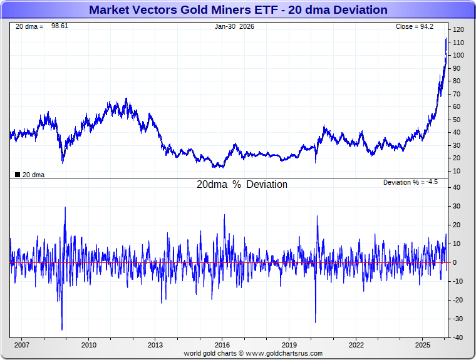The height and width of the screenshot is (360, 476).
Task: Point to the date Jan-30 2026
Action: tap(235, 26)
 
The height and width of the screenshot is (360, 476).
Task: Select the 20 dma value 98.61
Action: tap(59, 26)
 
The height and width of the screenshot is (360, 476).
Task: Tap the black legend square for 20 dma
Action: tap(17, 175)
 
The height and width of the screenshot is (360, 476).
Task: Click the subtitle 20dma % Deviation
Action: tap(242, 185)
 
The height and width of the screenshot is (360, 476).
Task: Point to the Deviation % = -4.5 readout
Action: tap(410, 182)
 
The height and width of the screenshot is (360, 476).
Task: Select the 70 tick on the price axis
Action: tap(457, 94)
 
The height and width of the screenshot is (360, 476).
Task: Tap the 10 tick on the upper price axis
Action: tap(457, 171)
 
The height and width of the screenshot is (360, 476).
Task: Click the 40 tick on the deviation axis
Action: tap(457, 187)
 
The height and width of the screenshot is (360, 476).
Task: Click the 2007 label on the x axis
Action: tap(22, 345)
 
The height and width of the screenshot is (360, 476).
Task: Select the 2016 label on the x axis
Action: tap(222, 345)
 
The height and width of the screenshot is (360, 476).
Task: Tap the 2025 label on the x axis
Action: tap(423, 345)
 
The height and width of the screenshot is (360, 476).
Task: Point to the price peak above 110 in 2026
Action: tap(446, 38)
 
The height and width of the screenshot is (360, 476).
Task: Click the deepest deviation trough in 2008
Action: tap(62, 329)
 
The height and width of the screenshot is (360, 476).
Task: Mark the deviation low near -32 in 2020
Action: tap(315, 322)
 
